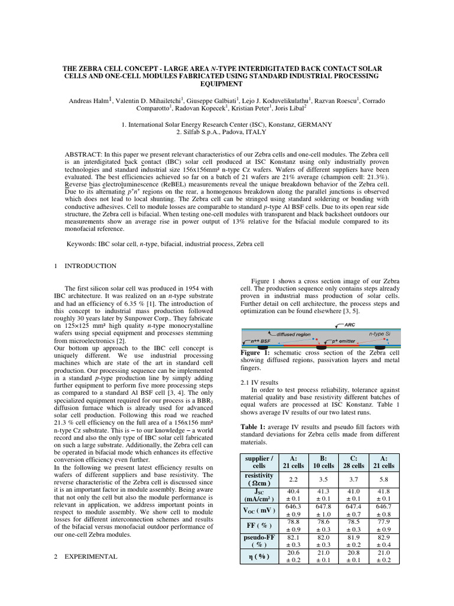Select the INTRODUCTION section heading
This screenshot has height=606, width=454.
[x=90, y=266]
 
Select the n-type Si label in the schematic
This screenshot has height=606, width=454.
[x=381, y=334]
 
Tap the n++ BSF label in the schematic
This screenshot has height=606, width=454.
[x=258, y=342]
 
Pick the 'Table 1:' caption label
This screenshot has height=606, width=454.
[x=255, y=426]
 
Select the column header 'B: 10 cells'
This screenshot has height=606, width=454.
[x=323, y=462]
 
